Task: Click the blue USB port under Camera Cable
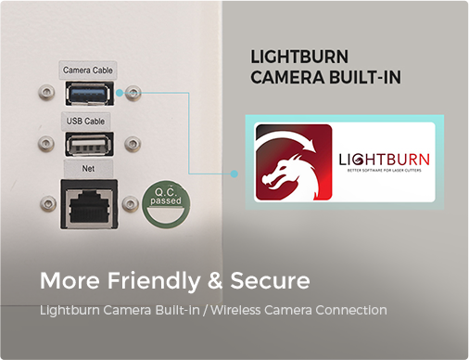(89, 94)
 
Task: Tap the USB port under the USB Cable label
(89, 144)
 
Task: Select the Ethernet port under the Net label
(89, 204)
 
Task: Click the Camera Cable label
(88, 71)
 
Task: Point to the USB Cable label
(85, 121)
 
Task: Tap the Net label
(88, 169)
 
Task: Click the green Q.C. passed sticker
(166, 204)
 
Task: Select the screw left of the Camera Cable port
(46, 92)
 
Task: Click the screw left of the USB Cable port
(46, 143)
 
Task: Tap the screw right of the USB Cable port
(133, 144)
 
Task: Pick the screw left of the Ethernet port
(48, 203)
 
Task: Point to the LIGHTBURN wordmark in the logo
(384, 160)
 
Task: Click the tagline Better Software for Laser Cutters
(384, 171)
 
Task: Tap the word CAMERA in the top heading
(287, 77)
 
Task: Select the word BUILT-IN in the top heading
(365, 77)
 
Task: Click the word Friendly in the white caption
(154, 281)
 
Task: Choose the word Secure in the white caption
(270, 281)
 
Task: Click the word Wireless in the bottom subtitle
(235, 310)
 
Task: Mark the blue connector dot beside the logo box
(234, 174)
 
